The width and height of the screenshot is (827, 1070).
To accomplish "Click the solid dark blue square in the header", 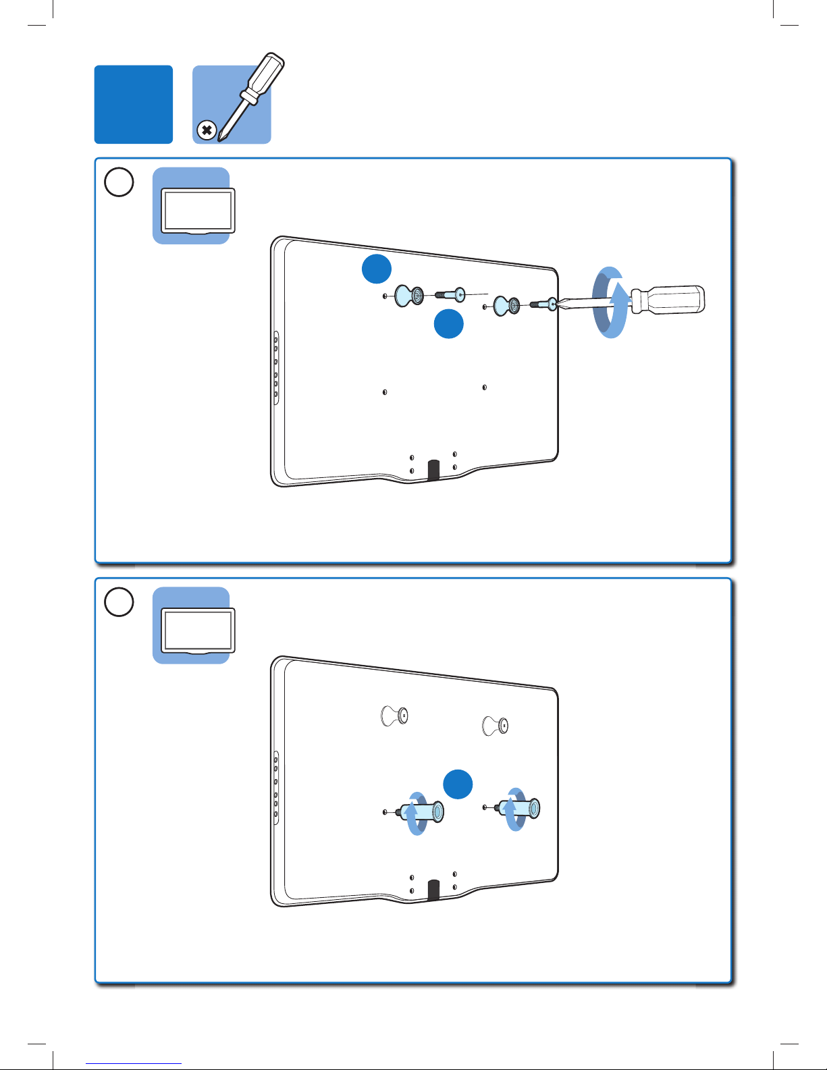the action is tap(134, 105).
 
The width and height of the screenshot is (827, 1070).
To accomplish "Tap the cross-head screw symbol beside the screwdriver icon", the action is tap(207, 130).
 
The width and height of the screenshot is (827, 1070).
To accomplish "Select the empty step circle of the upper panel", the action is tap(119, 182).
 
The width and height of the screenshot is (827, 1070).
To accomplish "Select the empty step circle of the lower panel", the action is tap(119, 602).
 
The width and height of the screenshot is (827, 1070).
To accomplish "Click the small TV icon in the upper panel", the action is tap(198, 211).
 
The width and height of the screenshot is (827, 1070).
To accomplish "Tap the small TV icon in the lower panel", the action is tap(198, 631).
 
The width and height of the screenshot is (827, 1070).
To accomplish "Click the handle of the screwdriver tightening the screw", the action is tap(668, 300).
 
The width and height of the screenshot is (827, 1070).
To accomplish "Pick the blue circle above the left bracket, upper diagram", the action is tap(376, 269).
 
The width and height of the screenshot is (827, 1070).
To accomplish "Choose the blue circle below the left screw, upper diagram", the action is tap(448, 324).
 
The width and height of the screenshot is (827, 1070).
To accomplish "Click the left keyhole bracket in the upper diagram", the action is tap(408, 295).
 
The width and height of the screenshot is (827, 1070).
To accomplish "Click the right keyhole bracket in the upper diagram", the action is tap(506, 305).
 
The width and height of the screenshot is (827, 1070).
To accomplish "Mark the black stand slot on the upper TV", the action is tap(433, 470).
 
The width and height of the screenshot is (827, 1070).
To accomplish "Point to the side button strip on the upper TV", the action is tap(276, 368).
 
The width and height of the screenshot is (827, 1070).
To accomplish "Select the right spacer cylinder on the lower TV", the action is tap(522, 808).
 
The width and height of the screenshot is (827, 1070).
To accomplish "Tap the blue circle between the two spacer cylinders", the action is tap(457, 784).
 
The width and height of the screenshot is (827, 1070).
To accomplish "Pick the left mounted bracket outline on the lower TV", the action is tap(395, 715).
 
